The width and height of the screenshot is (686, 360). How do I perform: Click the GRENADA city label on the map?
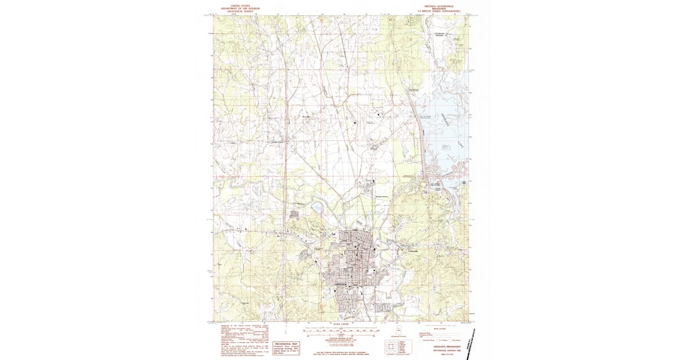(x=341, y=283)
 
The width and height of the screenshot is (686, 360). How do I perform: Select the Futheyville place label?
(x=413, y=252)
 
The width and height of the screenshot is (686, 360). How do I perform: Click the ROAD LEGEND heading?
(x=440, y=329)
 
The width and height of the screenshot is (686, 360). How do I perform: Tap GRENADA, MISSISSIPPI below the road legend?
(x=440, y=346)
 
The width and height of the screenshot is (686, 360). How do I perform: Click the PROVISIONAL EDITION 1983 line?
(x=440, y=350)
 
